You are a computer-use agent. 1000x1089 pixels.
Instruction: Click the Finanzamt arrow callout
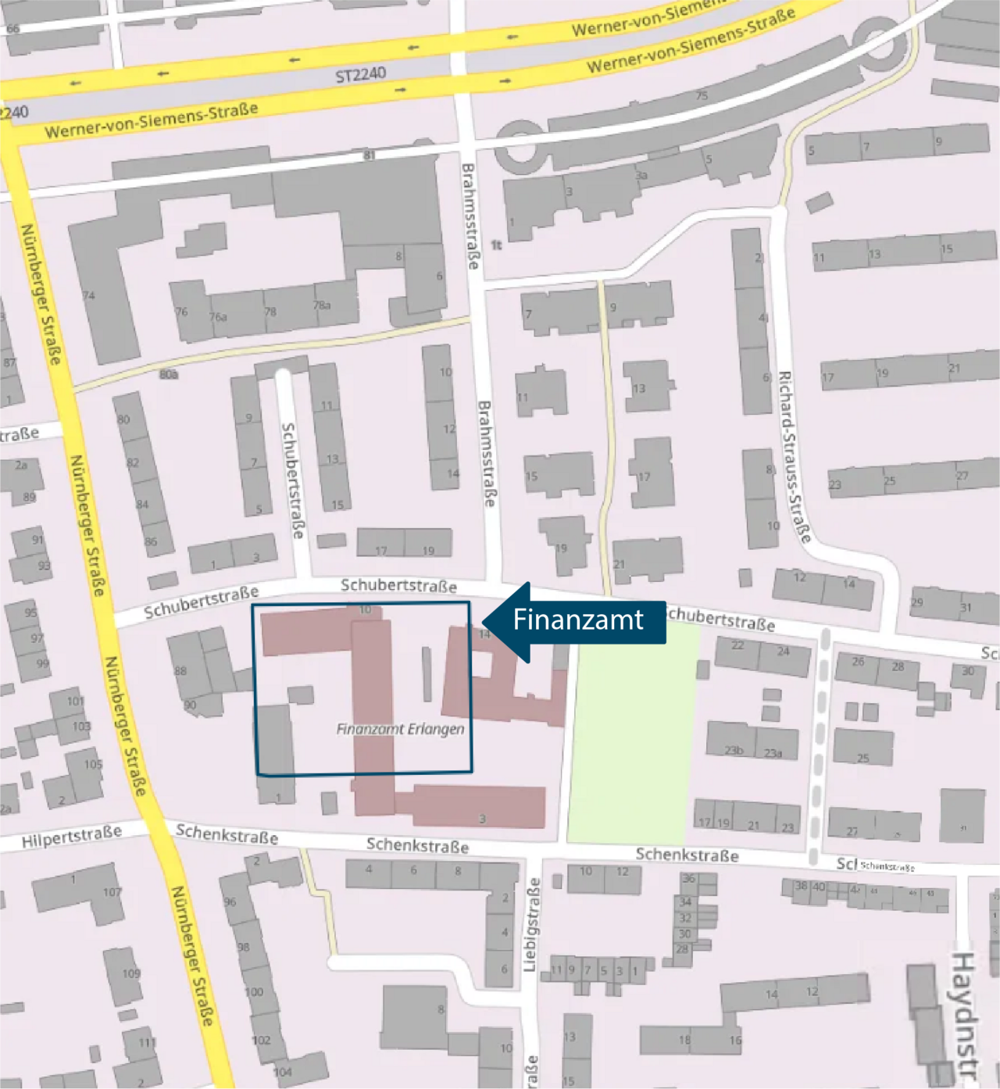578,621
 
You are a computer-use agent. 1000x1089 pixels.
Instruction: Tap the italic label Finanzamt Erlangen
400,729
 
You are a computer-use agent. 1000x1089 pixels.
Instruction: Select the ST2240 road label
360,76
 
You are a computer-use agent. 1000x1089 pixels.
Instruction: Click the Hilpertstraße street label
71,837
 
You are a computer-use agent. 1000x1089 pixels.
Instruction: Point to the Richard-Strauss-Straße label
794,456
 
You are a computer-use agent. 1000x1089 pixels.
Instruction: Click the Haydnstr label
965,1016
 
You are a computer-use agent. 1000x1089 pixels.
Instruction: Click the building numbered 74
88,296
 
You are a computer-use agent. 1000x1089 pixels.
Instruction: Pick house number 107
112,892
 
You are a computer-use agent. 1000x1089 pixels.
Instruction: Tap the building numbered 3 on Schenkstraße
482,818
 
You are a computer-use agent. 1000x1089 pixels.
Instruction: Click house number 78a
322,305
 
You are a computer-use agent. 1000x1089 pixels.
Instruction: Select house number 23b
733,750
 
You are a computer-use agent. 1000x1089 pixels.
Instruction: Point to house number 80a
169,374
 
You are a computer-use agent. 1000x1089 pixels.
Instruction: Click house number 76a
217,316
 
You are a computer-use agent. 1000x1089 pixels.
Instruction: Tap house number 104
283,1072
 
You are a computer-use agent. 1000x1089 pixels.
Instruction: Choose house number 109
130,973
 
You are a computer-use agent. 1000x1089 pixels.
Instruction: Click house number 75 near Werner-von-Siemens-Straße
702,95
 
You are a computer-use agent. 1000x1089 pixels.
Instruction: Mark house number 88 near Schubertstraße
180,670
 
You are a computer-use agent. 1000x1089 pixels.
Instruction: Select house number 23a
773,753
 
